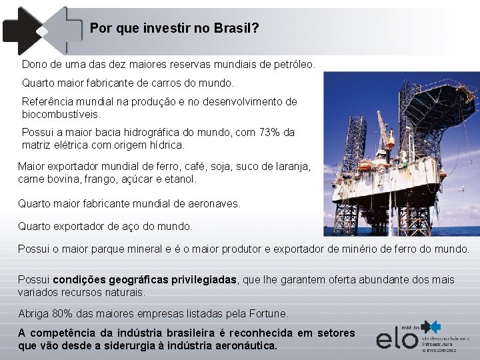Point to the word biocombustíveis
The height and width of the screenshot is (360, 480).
coord(61,114)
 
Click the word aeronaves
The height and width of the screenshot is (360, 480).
coord(213,203)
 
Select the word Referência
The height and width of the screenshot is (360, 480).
coord(49,102)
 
